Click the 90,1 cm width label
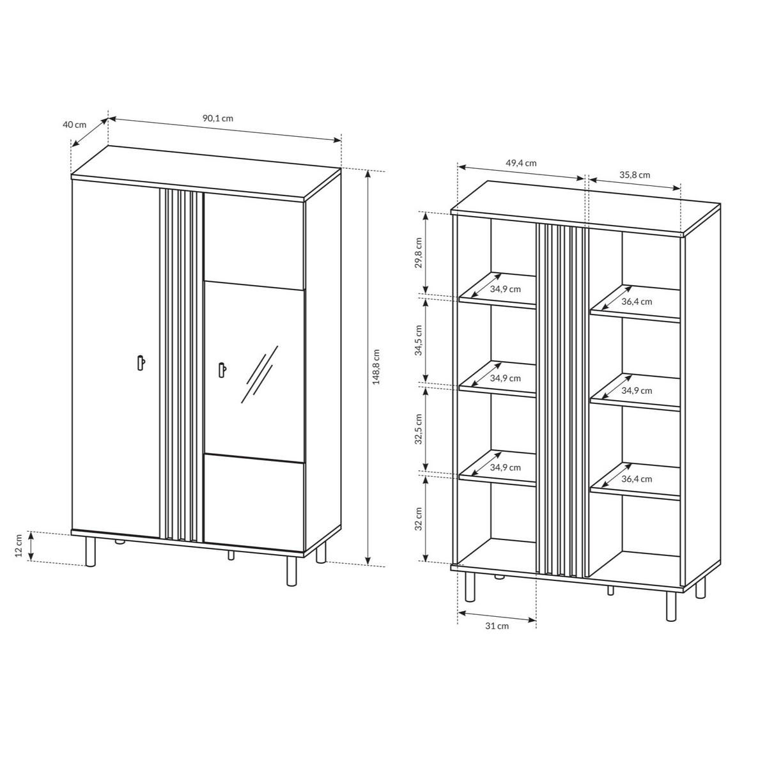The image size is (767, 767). [218, 118]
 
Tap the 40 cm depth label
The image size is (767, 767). [74, 125]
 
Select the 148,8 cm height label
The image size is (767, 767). [376, 367]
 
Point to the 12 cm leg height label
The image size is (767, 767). [19, 546]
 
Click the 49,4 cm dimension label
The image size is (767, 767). [521, 163]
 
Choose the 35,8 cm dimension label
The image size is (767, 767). [635, 174]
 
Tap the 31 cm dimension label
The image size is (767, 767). [497, 626]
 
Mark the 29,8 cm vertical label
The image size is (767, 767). [418, 252]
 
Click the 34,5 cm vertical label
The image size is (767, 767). [418, 340]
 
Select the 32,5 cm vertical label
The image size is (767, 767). [418, 429]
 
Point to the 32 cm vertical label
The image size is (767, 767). [418, 518]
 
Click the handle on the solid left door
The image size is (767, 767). [141, 362]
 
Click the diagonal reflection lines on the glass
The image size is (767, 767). [259, 374]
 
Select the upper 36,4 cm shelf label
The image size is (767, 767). [637, 302]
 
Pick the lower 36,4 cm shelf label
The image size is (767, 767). [637, 479]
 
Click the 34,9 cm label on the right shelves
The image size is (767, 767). [637, 391]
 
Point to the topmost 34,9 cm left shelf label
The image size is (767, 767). [505, 289]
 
